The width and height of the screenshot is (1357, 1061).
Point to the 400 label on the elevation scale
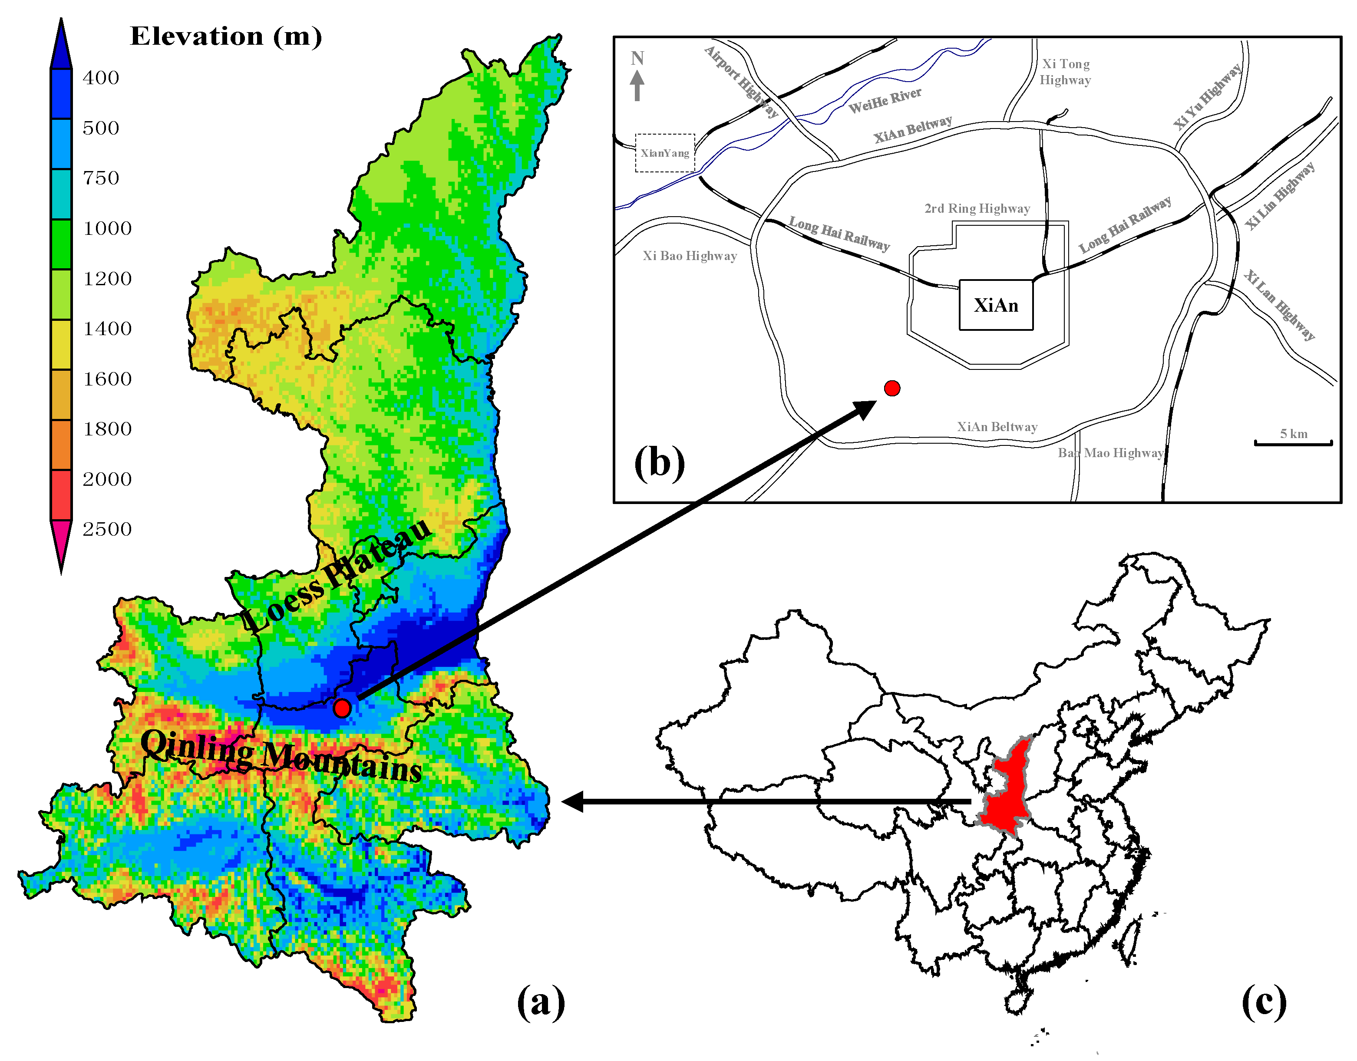coord(101,78)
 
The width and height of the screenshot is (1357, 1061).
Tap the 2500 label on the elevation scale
coord(107,529)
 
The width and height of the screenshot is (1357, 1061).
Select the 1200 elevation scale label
coord(107,279)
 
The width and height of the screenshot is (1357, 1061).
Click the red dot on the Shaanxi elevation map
coord(342,708)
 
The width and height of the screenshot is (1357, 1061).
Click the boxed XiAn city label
coord(996,305)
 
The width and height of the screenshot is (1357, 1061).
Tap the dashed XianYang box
coord(665,153)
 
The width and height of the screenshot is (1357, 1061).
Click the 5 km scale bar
coord(1293,442)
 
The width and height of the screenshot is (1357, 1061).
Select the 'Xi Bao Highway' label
coord(690,256)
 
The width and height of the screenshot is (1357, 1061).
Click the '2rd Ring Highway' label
coord(977,209)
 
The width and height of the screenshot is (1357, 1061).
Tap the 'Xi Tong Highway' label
coord(1065,72)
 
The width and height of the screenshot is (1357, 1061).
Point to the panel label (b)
coord(659,463)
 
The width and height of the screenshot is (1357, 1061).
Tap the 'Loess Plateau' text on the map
coord(336,575)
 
